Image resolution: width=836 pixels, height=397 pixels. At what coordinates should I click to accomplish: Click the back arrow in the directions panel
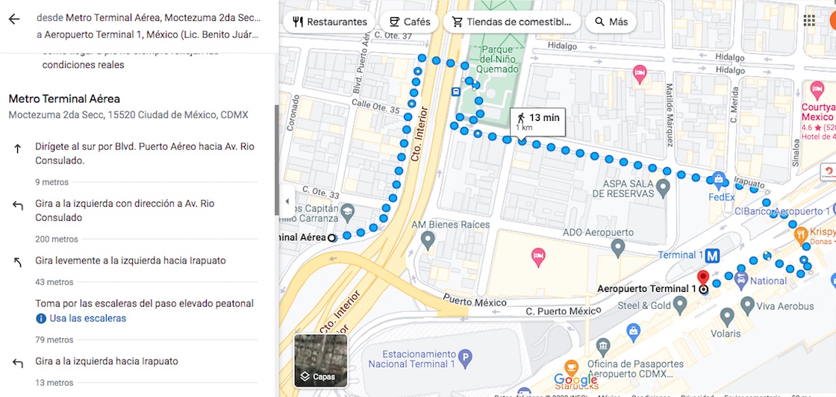(x=13, y=19)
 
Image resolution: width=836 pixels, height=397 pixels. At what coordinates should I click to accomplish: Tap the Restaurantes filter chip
(x=330, y=22)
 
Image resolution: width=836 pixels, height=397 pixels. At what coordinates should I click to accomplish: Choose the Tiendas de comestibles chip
(x=511, y=22)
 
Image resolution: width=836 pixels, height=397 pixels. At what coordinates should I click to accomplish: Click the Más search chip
(x=610, y=22)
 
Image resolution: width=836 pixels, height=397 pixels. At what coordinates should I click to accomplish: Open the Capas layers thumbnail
(x=321, y=360)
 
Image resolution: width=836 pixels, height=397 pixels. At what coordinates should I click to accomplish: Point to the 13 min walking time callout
(x=537, y=121)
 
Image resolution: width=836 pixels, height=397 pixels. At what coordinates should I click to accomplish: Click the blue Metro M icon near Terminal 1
(x=713, y=255)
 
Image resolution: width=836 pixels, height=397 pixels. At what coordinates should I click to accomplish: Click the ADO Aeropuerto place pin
(x=617, y=246)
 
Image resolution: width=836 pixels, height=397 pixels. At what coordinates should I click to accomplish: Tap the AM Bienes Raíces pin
(x=428, y=240)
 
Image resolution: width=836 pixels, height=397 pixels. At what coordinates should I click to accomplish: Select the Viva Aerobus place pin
(x=747, y=304)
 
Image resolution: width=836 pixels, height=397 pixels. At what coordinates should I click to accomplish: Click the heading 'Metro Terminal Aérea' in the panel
(x=64, y=99)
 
